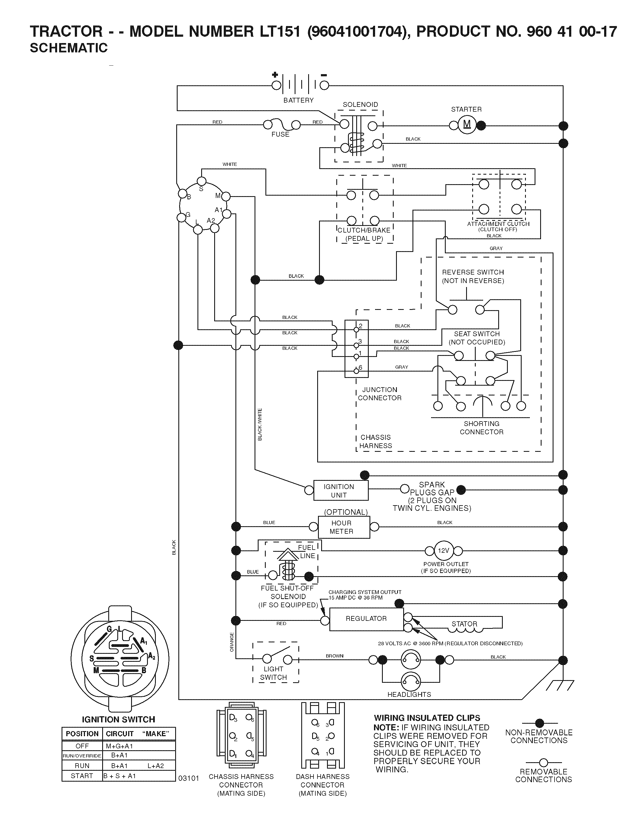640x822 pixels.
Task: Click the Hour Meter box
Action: coord(344,527)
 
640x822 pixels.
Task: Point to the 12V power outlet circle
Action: coord(444,551)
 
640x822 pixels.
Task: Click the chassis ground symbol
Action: coord(560,685)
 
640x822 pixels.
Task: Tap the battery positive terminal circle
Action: coord(276,85)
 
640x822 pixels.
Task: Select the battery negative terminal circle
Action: coord(324,85)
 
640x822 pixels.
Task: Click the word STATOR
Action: coord(464,624)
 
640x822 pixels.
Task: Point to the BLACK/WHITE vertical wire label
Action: coord(260,424)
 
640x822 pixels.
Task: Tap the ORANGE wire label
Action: coord(232,642)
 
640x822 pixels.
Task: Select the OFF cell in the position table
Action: coord(82,746)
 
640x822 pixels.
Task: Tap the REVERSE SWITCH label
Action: coord(473,272)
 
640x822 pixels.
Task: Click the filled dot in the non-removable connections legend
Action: coord(540,723)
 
